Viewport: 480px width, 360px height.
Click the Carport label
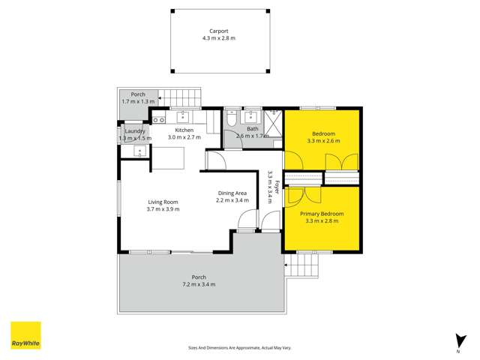click(218, 31)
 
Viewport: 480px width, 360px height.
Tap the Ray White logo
click(25, 335)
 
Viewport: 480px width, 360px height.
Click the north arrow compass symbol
click(457, 341)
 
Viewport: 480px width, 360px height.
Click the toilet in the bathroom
click(232, 118)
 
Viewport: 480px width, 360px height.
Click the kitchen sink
click(182, 116)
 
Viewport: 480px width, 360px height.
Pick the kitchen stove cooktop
click(158, 118)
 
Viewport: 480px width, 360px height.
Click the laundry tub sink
click(139, 151)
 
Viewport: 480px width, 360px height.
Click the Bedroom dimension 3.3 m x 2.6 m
click(323, 141)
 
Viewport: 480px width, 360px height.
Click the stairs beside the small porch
click(183, 97)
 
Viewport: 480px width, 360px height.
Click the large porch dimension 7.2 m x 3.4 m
click(199, 284)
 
